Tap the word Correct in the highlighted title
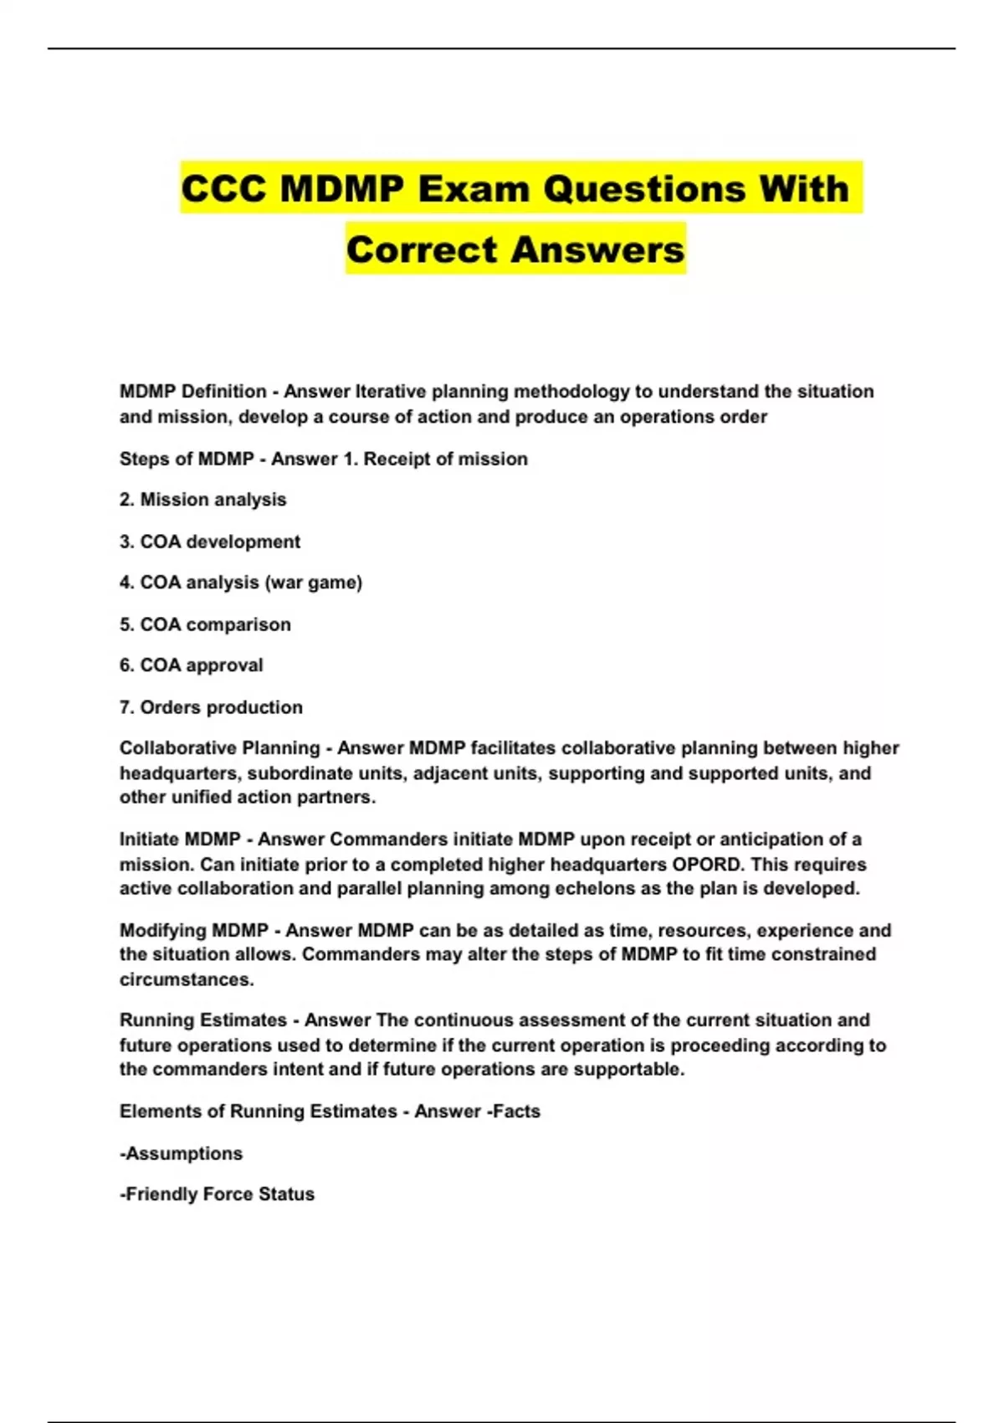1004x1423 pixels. (423, 249)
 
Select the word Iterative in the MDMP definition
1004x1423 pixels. (389, 392)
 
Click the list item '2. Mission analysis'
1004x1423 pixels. (202, 500)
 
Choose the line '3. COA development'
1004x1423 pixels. (209, 542)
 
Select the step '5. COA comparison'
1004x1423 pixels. (205, 624)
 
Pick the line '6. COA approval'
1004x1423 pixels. (191, 665)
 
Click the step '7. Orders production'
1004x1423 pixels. (211, 707)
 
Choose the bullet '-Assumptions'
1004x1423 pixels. (181, 1153)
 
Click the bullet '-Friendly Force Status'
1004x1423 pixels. (217, 1194)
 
